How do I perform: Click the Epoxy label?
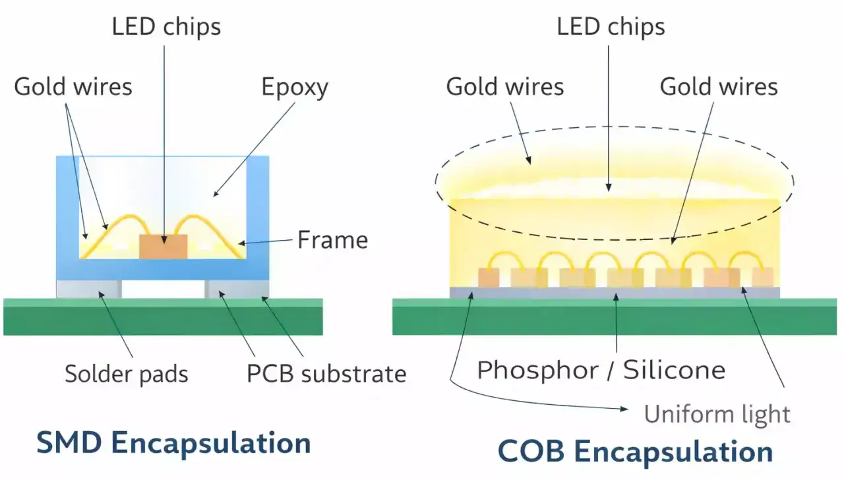click(x=295, y=87)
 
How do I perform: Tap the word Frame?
click(x=332, y=239)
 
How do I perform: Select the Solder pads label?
click(x=126, y=374)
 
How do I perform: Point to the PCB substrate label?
click(x=326, y=374)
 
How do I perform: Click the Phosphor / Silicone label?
click(x=601, y=370)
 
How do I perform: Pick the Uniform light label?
click(x=717, y=414)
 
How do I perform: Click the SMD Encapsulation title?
click(x=173, y=443)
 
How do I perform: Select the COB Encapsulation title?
click(x=635, y=452)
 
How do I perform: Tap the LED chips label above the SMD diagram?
click(x=166, y=27)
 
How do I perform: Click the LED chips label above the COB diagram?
click(x=611, y=27)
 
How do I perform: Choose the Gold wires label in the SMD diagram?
click(x=73, y=87)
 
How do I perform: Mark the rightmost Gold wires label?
click(x=719, y=87)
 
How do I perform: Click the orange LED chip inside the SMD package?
click(x=163, y=246)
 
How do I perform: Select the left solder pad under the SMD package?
click(x=88, y=289)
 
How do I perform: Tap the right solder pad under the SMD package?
click(x=237, y=289)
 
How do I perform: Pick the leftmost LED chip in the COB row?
click(x=489, y=278)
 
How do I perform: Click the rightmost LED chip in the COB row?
click(x=762, y=277)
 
